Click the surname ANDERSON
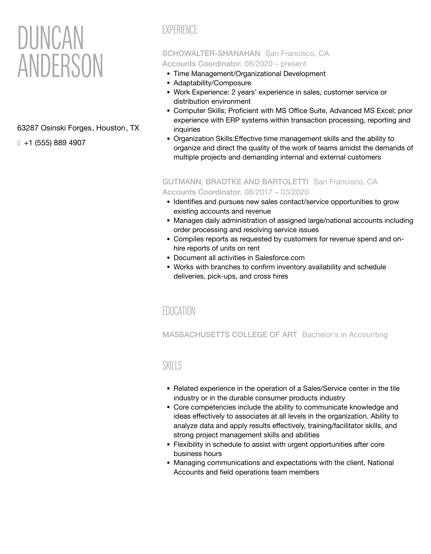point(60,66)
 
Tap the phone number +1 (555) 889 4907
point(54,143)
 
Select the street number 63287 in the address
point(28,128)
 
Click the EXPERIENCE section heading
point(180,30)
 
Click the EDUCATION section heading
point(179,311)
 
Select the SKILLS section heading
point(172,366)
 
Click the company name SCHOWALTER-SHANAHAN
point(211,54)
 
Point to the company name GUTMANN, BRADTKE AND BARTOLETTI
point(235,182)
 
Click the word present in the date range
point(293,64)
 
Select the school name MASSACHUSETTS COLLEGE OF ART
point(229,335)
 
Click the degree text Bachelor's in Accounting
point(345,335)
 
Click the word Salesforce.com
point(280,258)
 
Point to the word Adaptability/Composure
point(212,83)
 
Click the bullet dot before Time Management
point(168,74)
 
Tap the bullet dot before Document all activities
point(168,258)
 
